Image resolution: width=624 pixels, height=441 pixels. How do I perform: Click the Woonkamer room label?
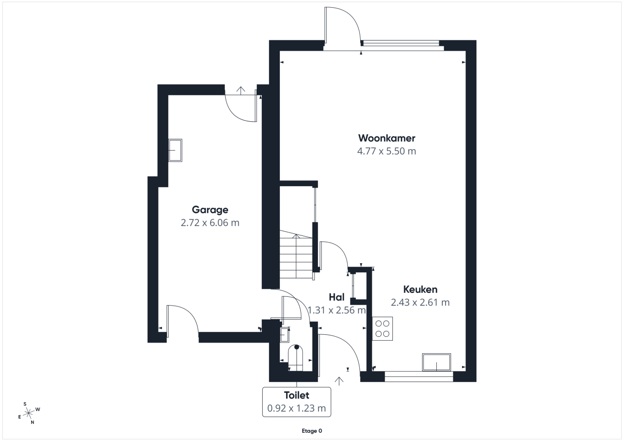[387, 138]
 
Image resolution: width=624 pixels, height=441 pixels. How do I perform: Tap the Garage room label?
[210, 210]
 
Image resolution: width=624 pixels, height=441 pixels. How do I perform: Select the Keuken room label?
[420, 289]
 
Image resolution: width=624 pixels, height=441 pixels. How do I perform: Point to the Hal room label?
[336, 297]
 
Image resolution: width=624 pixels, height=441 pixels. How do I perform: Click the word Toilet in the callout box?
[296, 395]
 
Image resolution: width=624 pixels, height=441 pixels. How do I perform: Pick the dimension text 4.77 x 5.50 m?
[387, 151]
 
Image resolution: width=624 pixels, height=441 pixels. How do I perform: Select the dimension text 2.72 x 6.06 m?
[210, 223]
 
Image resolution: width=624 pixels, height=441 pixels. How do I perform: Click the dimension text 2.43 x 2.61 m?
[420, 302]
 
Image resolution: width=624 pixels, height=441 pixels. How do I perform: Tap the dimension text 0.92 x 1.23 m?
[296, 408]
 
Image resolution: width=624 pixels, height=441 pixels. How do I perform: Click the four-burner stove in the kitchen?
[383, 328]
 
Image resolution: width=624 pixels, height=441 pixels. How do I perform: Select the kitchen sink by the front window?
[436, 362]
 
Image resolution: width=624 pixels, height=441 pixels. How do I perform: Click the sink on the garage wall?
[175, 151]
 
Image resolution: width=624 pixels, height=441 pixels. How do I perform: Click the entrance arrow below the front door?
[339, 381]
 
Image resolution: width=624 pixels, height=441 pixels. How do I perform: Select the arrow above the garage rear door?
[241, 90]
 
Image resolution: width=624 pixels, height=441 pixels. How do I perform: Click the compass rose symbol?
[28, 413]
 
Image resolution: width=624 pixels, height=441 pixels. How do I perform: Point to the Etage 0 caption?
[312, 431]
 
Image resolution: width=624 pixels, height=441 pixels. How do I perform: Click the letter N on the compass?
[32, 422]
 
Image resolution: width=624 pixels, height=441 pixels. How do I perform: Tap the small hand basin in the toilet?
[284, 335]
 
